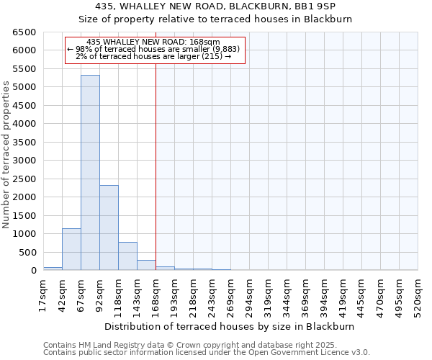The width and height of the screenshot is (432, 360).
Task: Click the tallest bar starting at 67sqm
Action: pyautogui.click(x=90, y=173)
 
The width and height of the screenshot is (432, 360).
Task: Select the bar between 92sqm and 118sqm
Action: pyautogui.click(x=109, y=228)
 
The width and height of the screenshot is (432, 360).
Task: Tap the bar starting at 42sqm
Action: pyautogui.click(x=71, y=249)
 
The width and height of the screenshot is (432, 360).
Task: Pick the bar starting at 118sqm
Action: pyautogui.click(x=127, y=256)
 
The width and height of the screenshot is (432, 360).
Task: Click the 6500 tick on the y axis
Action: pyautogui.click(x=24, y=32)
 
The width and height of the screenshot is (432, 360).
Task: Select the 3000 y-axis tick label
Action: pyautogui.click(x=24, y=161)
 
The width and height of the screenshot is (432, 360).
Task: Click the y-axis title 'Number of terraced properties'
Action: pyautogui.click(x=7, y=154)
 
